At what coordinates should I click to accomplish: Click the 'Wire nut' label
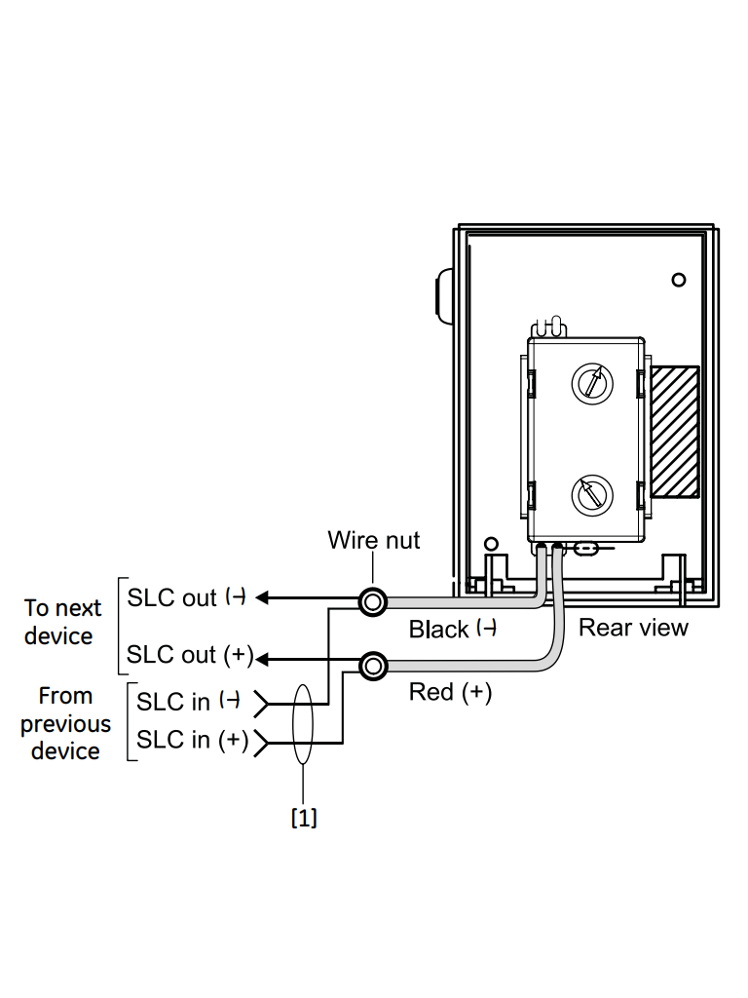coord(374,540)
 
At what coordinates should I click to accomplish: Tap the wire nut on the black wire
coord(373,601)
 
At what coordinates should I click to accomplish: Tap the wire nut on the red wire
coord(373,666)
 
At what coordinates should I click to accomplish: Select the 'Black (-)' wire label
coord(453,630)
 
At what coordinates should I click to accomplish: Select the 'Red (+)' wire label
coord(450,692)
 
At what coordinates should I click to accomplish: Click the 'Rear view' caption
coord(633,627)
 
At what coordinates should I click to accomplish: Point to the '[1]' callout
coord(305,817)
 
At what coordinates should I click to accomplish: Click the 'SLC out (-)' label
coord(185,597)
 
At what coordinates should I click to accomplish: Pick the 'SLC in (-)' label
coord(188,701)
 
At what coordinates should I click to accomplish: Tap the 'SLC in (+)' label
coord(192,740)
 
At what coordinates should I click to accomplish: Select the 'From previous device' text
coord(65,723)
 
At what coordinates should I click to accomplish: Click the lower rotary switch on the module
coord(589,493)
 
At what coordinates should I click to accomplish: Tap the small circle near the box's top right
coord(679,280)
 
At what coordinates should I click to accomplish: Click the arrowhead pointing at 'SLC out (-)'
coord(265,598)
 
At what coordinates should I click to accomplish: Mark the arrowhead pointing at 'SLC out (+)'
coord(263,661)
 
